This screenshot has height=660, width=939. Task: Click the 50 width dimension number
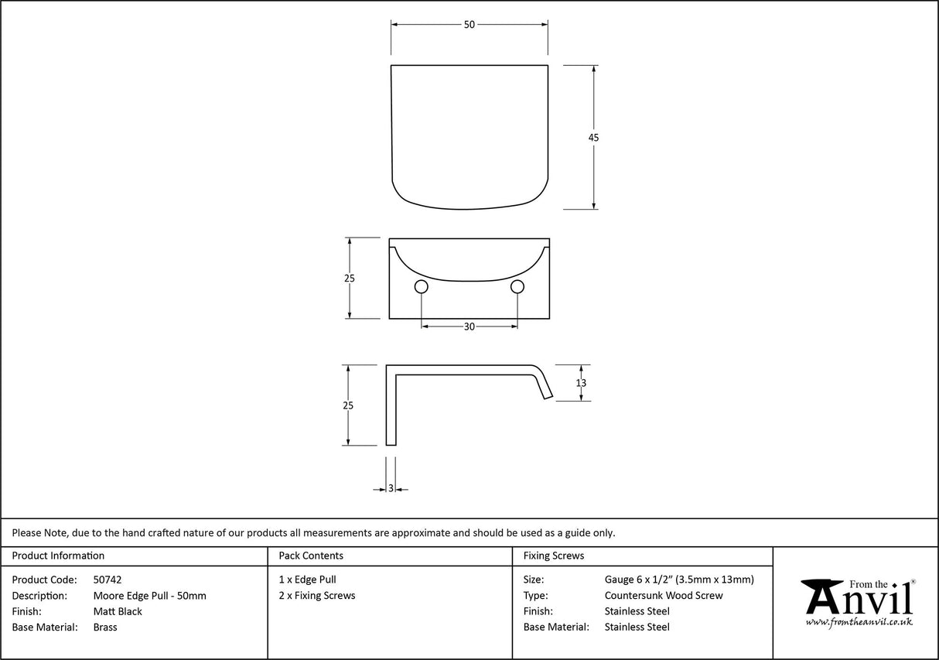(x=469, y=25)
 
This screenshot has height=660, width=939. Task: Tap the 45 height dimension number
(x=593, y=138)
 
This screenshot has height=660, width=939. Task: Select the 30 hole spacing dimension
(x=469, y=327)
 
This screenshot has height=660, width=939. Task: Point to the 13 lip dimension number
(x=581, y=383)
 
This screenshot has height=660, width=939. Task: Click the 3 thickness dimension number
(x=391, y=488)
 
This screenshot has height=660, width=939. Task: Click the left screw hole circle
(x=422, y=287)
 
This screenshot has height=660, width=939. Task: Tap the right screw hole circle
(x=517, y=287)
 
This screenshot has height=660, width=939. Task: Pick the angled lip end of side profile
(x=544, y=384)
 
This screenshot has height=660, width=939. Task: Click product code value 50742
(x=108, y=580)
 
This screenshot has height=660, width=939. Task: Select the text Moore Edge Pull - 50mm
(x=149, y=596)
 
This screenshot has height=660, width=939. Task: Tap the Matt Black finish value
(x=118, y=612)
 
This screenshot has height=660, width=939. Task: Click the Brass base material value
(x=105, y=628)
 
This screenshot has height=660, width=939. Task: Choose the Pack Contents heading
(x=311, y=556)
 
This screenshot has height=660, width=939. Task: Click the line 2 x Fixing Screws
(x=317, y=596)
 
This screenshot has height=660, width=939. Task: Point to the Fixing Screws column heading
(x=554, y=556)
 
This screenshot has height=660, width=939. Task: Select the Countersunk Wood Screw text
(x=664, y=596)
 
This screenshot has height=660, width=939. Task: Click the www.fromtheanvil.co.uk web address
(x=859, y=622)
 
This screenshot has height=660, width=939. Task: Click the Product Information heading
(x=58, y=556)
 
